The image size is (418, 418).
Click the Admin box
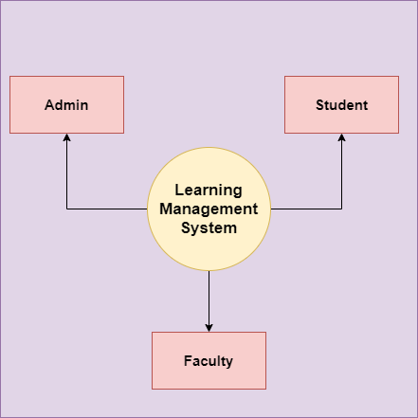(x=66, y=104)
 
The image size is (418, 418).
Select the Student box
(x=341, y=104)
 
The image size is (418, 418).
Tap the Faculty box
(x=209, y=360)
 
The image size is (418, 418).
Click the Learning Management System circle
(x=209, y=209)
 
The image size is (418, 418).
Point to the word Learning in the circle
(x=209, y=191)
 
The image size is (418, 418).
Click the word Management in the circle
(x=209, y=209)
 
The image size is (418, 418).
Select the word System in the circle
(x=209, y=228)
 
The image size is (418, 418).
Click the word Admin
(x=66, y=105)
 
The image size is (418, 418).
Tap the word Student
(x=342, y=105)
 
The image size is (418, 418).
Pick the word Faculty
(x=209, y=361)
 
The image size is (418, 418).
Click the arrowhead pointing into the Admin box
(x=66, y=137)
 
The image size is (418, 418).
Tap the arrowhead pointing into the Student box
(x=341, y=137)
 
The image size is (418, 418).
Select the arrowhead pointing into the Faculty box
(x=209, y=328)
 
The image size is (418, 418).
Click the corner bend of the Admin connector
(x=66, y=209)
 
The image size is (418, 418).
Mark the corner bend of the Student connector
(x=341, y=209)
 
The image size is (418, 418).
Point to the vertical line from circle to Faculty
(x=209, y=301)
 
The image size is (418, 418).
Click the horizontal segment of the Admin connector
(x=107, y=209)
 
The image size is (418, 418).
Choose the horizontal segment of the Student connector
(x=306, y=209)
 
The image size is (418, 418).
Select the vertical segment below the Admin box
(x=66, y=172)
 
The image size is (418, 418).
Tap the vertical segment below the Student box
(x=341, y=172)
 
